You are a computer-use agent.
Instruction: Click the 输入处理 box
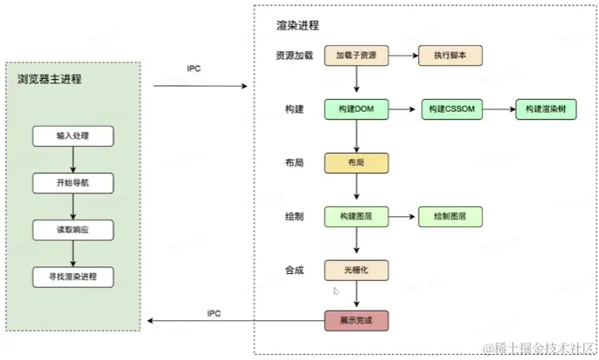point(73,136)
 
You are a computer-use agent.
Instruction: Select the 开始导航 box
point(73,183)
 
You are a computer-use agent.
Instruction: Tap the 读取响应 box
point(73,230)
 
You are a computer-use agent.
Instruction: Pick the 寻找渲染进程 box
point(73,277)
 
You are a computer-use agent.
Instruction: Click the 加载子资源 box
point(356,56)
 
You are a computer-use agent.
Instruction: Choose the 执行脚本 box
point(451,56)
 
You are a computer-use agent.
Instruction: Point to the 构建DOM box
point(356,109)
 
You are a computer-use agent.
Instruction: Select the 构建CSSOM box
point(452,109)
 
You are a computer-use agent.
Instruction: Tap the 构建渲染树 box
point(546,109)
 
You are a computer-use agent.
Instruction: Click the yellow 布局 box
point(356,163)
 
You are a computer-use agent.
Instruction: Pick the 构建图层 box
point(356,217)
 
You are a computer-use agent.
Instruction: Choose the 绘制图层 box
point(451,217)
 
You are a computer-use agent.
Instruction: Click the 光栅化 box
point(356,271)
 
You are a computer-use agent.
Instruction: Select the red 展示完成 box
point(356,321)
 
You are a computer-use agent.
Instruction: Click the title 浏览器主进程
point(49,79)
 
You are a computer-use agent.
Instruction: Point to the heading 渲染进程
point(297,26)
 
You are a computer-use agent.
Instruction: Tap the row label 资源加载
point(294,56)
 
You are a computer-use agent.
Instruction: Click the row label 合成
point(294,271)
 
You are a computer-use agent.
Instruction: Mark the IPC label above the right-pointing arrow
point(193,69)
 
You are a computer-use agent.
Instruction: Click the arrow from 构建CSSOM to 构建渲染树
point(499,109)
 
